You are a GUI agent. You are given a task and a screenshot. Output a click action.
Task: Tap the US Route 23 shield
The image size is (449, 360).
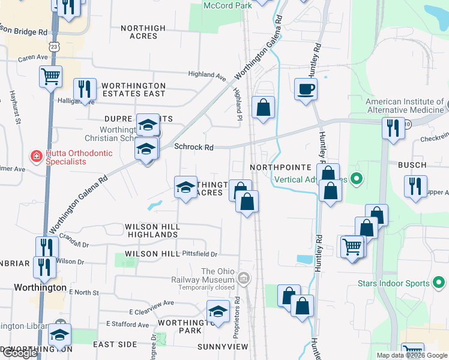[x=55, y=46]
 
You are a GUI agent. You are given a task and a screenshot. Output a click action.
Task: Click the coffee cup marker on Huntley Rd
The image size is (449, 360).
[x=306, y=90]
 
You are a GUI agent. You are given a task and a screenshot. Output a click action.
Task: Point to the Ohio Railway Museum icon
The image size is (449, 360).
[x=244, y=278]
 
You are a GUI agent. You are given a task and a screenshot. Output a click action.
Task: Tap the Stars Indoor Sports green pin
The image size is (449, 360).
[x=439, y=283]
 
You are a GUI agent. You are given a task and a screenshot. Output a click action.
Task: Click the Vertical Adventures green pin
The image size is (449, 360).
[x=356, y=179]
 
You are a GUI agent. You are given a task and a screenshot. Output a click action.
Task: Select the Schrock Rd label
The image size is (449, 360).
[x=194, y=147]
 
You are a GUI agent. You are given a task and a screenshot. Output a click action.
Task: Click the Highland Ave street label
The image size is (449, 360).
[x=206, y=75]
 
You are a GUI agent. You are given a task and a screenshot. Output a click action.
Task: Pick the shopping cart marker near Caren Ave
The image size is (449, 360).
[x=51, y=76]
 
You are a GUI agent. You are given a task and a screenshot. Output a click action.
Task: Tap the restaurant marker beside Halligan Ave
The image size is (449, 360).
[x=85, y=89]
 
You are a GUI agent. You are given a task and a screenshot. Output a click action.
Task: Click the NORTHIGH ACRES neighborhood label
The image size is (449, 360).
[x=143, y=32]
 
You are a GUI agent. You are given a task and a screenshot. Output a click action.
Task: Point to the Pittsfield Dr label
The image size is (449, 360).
[x=199, y=254]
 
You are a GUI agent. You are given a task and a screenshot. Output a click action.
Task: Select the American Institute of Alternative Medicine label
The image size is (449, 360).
[x=405, y=106]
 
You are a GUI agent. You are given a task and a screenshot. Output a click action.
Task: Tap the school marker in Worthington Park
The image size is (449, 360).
[x=218, y=311]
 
